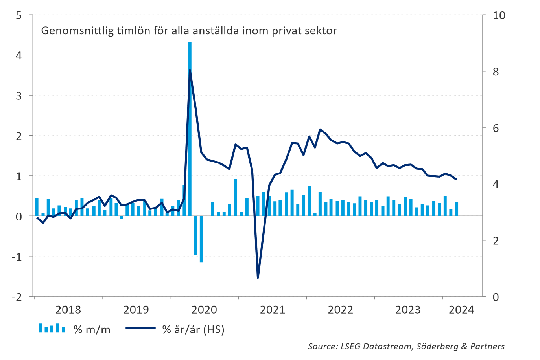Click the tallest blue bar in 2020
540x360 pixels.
point(190,130)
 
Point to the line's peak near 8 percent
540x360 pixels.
point(190,70)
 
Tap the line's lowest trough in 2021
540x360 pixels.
point(258,277)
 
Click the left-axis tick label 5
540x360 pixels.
point(19,15)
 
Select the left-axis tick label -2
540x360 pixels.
point(17,297)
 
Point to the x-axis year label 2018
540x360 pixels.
point(68,310)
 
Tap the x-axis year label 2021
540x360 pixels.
point(273,310)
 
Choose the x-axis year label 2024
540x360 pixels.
point(461,310)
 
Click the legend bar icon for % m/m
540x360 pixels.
point(52,328)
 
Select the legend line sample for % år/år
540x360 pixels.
point(140,328)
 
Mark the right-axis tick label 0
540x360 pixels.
point(496,297)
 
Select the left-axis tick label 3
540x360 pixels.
point(19,96)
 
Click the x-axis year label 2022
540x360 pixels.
point(340,310)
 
